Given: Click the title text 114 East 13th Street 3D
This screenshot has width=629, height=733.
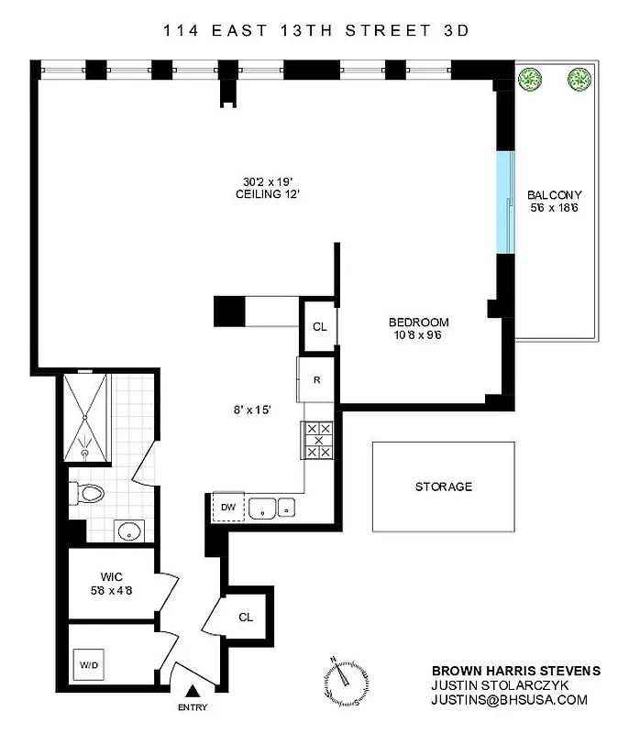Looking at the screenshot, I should point(315,30).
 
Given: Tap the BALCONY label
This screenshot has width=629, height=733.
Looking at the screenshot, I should point(554,195).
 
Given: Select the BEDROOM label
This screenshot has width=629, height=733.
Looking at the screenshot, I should point(418,322).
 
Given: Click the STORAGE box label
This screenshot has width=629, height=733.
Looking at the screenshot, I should point(443,487).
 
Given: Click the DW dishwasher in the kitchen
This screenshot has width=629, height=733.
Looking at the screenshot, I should point(226,506).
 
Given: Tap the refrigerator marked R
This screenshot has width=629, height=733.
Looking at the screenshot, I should point(315,379).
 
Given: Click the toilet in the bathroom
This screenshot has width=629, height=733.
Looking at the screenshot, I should point(86,495).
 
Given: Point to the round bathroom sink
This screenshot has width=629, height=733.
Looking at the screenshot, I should point(128,530).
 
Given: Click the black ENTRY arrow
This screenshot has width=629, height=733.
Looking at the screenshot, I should point(193,692).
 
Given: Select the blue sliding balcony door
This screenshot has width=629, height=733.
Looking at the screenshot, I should point(502,202).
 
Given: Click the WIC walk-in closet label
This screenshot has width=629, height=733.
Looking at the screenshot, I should point(113,576).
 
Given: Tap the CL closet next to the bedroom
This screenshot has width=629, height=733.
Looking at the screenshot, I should point(320,326).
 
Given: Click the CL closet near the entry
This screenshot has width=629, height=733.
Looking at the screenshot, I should point(245,617).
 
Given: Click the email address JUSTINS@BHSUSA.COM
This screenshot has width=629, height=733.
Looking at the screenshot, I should point(509,700).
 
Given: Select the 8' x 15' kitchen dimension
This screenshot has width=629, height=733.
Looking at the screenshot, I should point(252,410).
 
